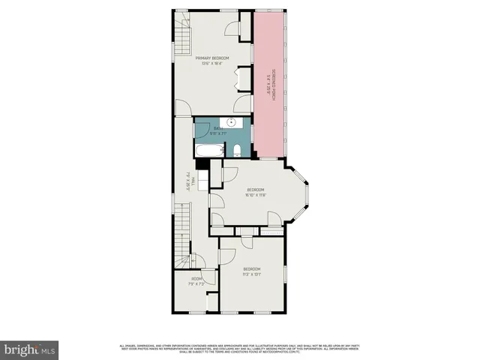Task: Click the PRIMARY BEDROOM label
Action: (212, 58)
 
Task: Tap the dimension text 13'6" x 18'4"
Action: (212, 64)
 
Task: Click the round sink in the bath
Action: (232, 122)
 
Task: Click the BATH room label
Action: (218, 129)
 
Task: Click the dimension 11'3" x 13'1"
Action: (251, 274)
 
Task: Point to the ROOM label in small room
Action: (196, 279)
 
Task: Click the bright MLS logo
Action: (30, 349)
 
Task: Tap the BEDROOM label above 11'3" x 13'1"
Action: (251, 268)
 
